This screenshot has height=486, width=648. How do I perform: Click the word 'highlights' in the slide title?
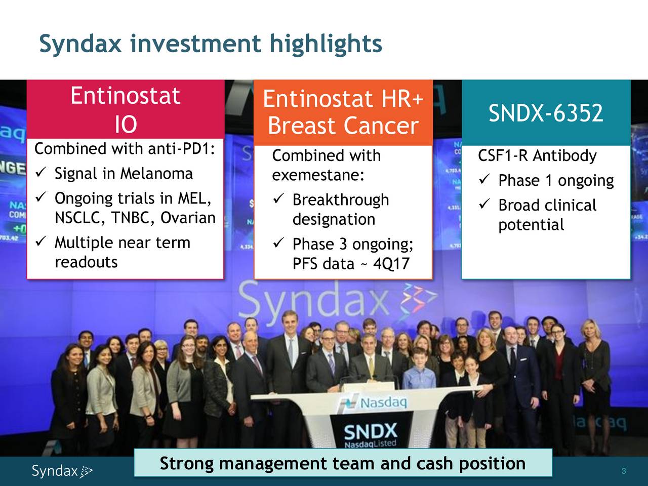pos(326,44)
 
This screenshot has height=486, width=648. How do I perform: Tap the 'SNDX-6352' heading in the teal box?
pos(545,113)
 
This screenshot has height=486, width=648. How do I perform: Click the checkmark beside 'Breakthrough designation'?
pos(277,200)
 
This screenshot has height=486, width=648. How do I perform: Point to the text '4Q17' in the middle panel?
pos(391,264)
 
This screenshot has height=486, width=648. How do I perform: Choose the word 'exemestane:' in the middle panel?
pos(318,175)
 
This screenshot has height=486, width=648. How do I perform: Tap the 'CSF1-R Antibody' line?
pos(537,156)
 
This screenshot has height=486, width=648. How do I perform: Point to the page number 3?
pos(624,471)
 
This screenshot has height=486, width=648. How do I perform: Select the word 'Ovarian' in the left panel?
pos(188,218)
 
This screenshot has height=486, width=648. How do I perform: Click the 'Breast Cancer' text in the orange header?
pos(343,127)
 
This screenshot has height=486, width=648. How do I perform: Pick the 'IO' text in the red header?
pos(125,125)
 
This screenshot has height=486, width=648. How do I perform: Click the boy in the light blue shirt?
pos(419,377)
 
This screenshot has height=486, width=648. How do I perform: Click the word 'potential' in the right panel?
pos(531,225)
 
